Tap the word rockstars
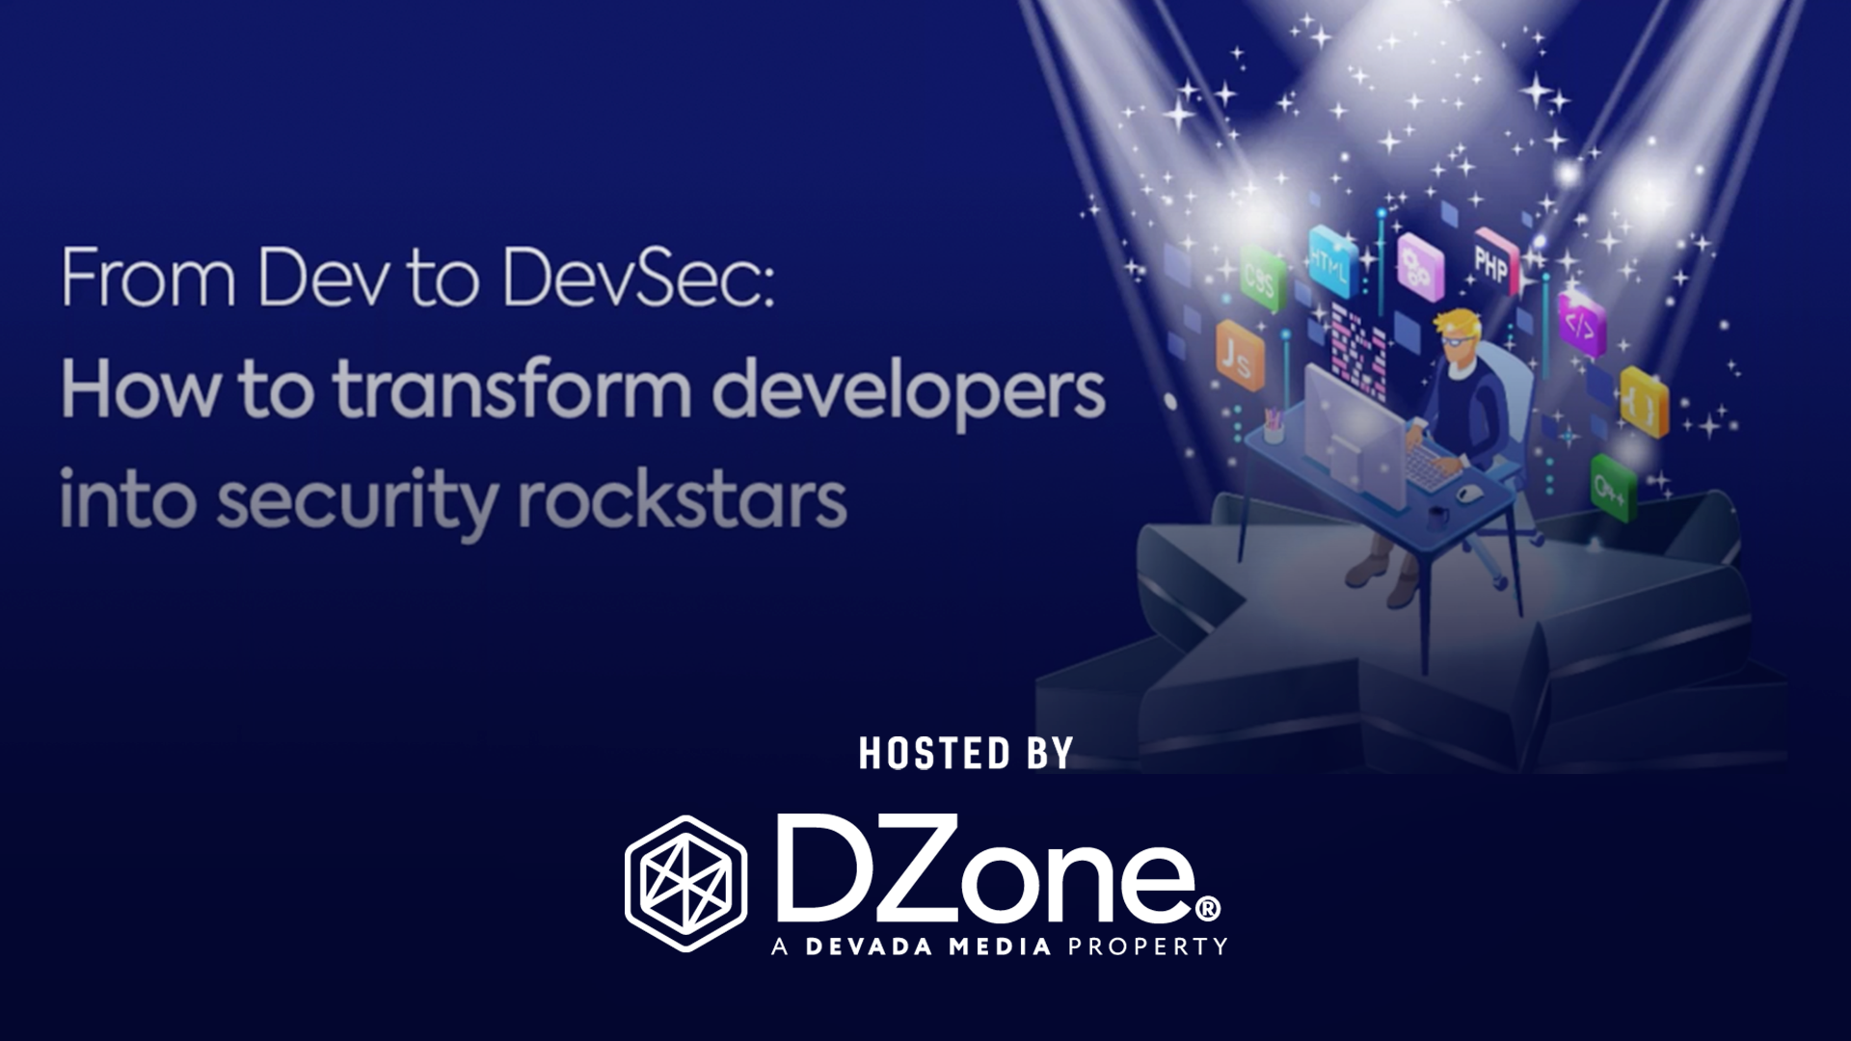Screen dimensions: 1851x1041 683,500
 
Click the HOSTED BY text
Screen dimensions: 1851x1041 966,754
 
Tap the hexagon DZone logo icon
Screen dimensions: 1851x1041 685,883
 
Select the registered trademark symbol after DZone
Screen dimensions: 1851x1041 1208,908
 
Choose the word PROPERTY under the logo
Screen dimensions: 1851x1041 1147,947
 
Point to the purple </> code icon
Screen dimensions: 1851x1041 1582,325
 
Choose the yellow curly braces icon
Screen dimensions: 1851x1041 1644,402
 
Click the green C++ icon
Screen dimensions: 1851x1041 1613,489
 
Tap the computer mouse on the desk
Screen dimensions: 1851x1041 1468,494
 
